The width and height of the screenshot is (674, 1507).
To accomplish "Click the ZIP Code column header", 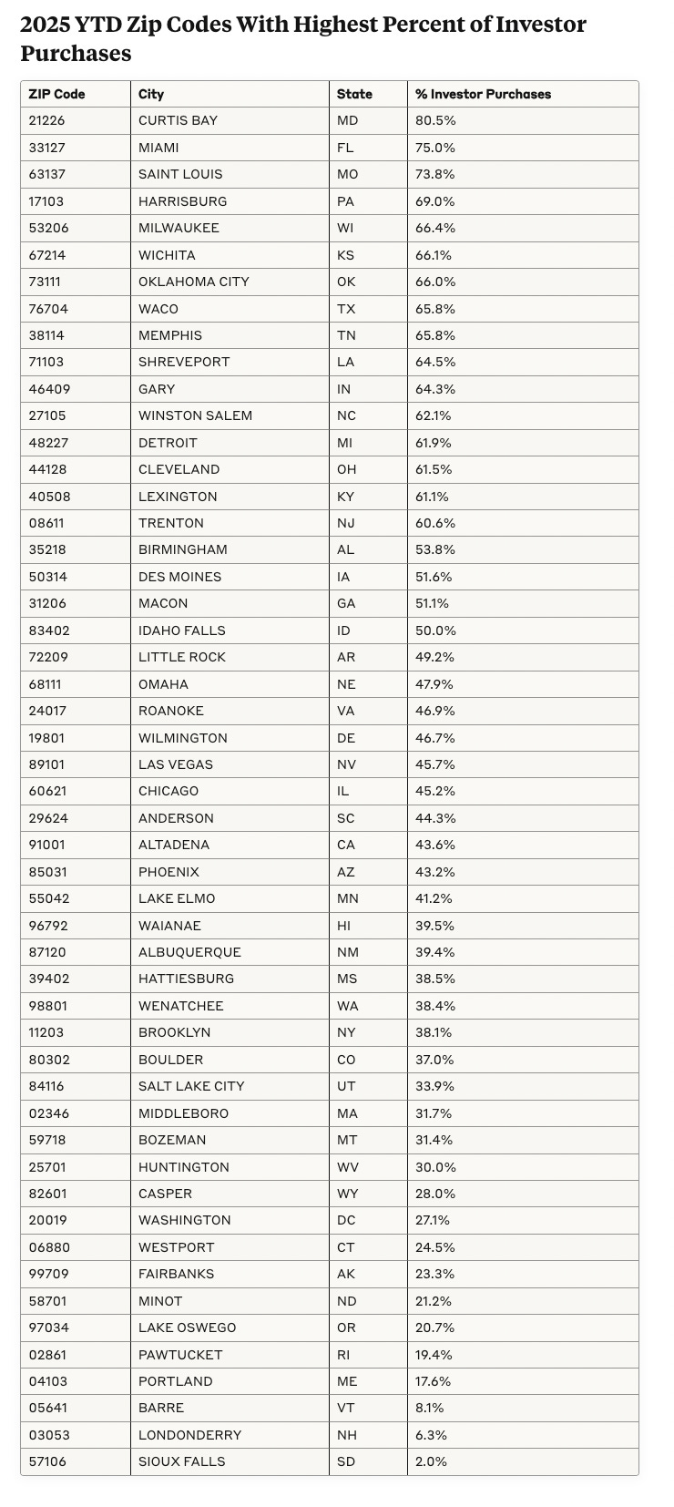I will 56,94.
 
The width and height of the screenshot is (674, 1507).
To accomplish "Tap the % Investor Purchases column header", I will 483,94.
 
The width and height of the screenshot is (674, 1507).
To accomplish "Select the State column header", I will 354,94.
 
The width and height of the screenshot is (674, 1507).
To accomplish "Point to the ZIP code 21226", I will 46,120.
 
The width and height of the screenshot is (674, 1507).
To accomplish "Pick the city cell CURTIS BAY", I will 178,120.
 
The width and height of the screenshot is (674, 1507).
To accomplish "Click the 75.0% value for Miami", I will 435,148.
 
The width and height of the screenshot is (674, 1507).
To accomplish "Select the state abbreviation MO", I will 347,174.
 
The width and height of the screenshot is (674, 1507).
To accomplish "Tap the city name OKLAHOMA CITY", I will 193,282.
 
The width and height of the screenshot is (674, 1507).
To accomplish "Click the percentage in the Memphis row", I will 435,335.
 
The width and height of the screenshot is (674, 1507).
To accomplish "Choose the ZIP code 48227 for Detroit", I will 47,443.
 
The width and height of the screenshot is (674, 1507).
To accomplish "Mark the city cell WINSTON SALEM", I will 195,415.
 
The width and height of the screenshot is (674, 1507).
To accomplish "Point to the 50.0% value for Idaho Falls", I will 435,630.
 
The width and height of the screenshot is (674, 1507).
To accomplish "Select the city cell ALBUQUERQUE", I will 189,952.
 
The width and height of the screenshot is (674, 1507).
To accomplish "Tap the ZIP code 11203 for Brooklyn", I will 46,1032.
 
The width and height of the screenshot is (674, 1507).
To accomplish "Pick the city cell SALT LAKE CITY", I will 191,1086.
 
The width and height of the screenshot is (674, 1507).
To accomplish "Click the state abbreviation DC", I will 346,1220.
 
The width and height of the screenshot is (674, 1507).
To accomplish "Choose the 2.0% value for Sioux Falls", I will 432,1461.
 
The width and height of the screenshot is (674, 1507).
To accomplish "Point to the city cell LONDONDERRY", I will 189,1435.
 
